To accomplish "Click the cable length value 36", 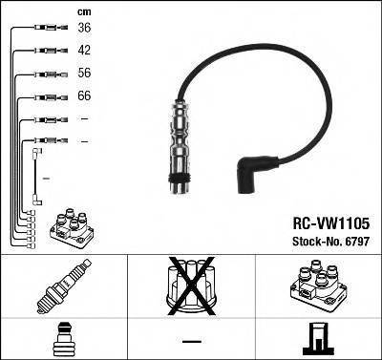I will coord(84,28).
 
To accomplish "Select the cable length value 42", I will coord(84,50).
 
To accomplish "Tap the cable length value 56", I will coord(84,73).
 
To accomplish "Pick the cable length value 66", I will coord(84,96).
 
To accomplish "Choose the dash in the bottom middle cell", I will coord(190,340).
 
